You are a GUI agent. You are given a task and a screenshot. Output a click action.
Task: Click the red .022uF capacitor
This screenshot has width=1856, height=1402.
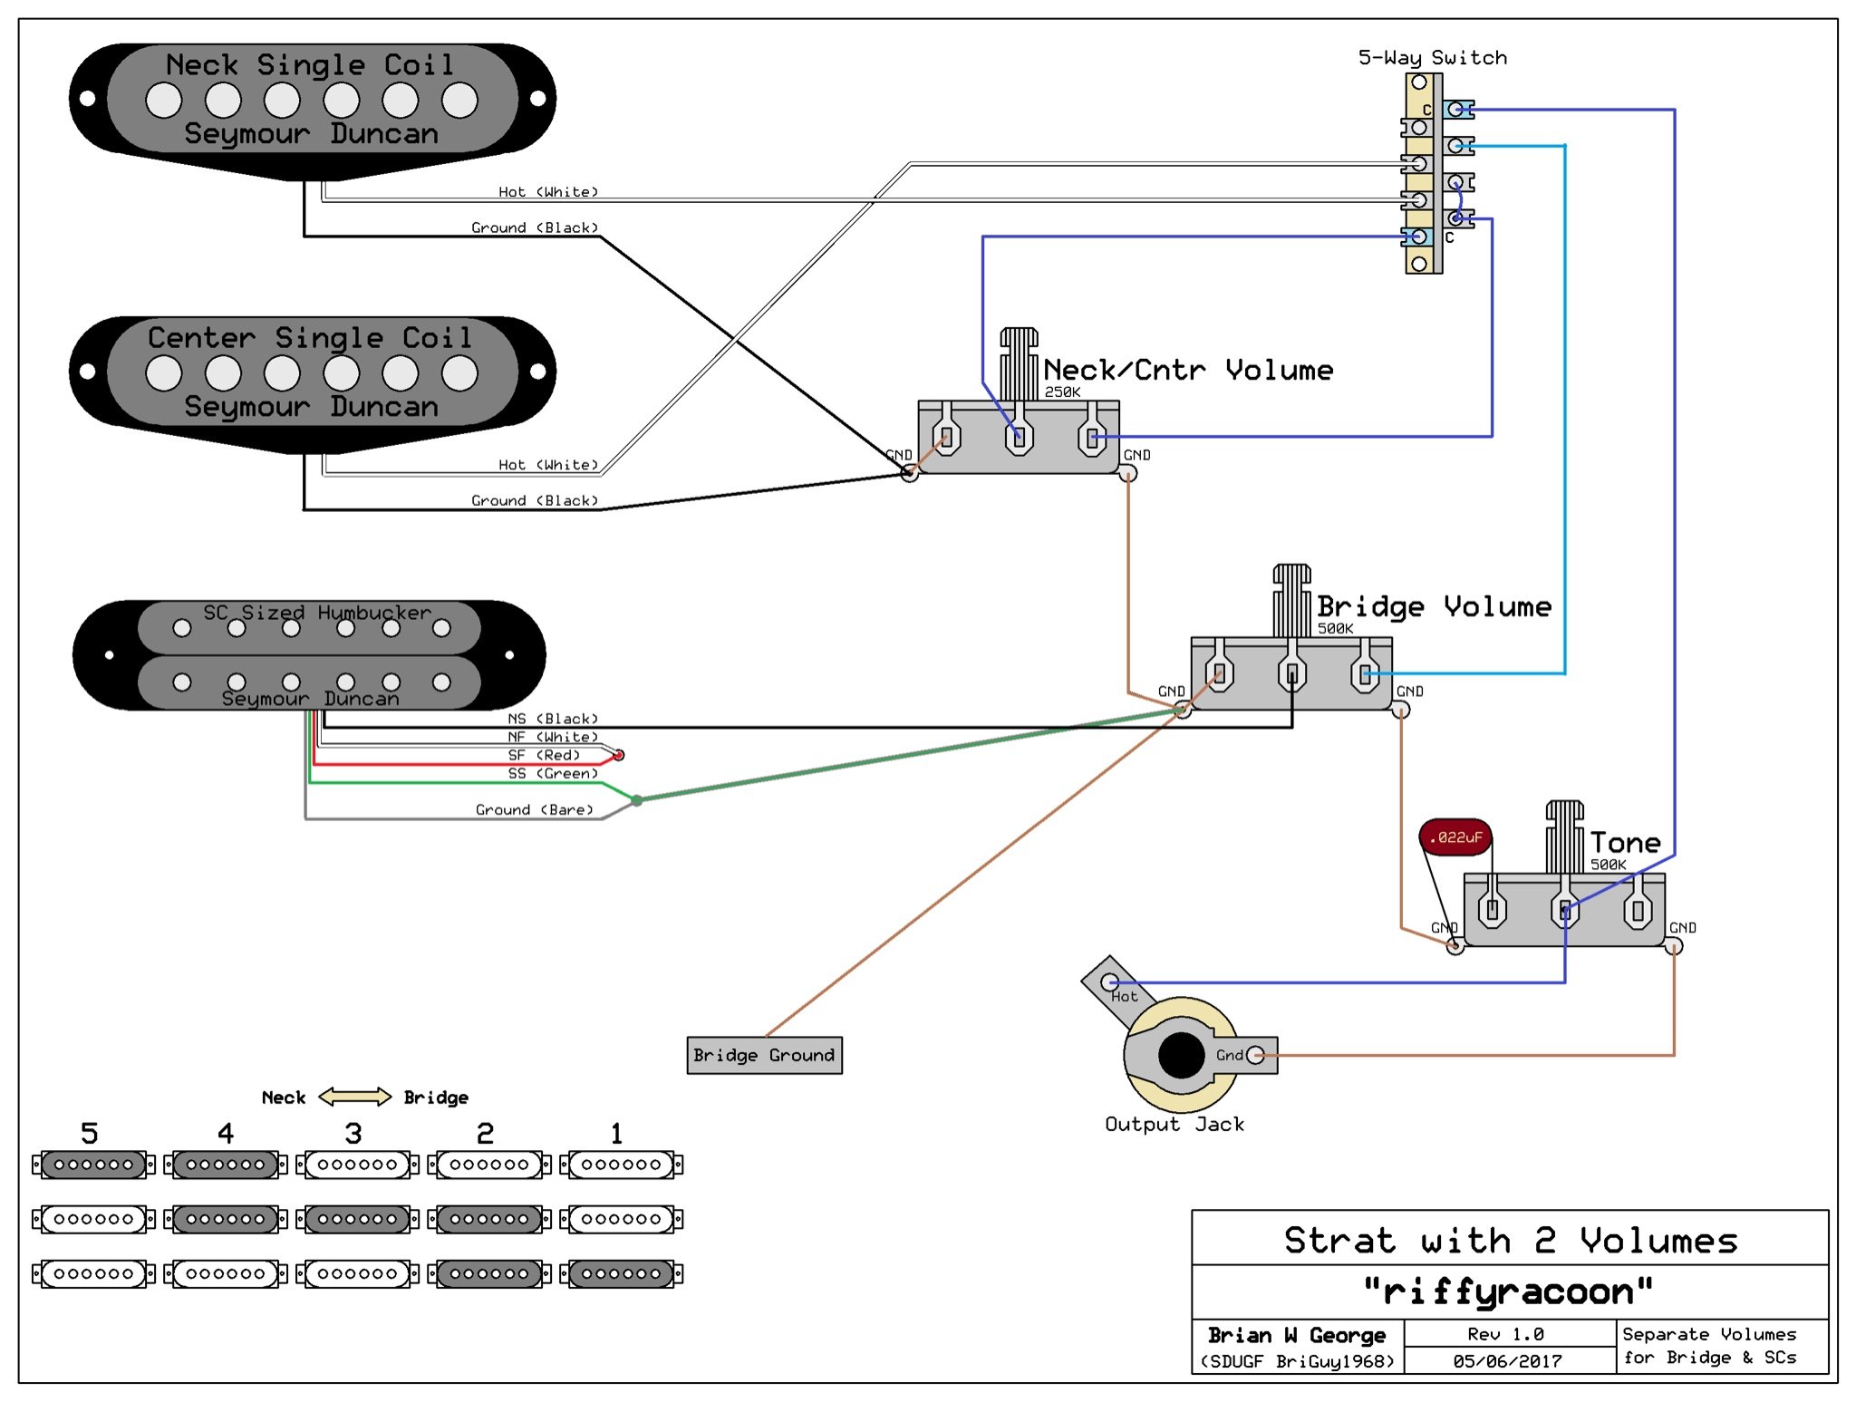click(x=1455, y=836)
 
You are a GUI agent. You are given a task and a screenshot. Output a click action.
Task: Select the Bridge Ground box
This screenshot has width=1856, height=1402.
click(x=764, y=1055)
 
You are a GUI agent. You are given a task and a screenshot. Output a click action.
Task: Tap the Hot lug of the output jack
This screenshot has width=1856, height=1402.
click(x=1109, y=982)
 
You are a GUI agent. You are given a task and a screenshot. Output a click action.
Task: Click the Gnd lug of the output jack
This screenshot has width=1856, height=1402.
click(x=1255, y=1055)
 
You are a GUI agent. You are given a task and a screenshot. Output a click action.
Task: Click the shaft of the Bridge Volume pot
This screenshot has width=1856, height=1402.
click(x=1291, y=600)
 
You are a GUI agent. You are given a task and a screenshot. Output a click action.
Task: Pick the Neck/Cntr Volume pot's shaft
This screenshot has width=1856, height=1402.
click(x=1019, y=363)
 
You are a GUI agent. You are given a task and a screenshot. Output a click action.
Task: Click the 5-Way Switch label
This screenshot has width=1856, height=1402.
click(x=1432, y=58)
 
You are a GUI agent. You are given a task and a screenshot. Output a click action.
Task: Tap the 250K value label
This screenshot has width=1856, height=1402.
click(x=1062, y=392)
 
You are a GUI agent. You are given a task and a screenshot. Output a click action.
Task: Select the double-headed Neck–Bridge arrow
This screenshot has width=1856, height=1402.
click(x=354, y=1097)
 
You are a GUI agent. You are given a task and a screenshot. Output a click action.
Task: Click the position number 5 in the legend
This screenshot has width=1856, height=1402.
click(x=89, y=1133)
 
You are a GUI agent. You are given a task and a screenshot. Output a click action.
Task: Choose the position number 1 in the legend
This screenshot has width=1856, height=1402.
click(x=617, y=1133)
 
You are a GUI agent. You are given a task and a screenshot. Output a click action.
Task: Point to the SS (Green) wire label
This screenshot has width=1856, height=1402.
click(x=553, y=773)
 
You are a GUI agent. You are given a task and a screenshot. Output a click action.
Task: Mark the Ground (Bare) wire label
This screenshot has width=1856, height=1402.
click(x=534, y=809)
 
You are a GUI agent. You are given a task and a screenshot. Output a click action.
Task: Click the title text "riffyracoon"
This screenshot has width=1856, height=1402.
click(x=1509, y=1291)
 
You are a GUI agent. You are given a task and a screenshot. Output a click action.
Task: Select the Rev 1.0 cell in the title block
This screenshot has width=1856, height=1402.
click(x=1505, y=1334)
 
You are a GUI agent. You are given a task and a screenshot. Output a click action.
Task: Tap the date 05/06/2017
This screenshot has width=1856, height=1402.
click(x=1507, y=1360)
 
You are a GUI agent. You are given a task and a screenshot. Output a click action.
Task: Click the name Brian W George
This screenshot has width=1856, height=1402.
click(x=1297, y=1335)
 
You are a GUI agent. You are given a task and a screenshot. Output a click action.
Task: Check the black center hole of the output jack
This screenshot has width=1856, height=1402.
click(x=1181, y=1055)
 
